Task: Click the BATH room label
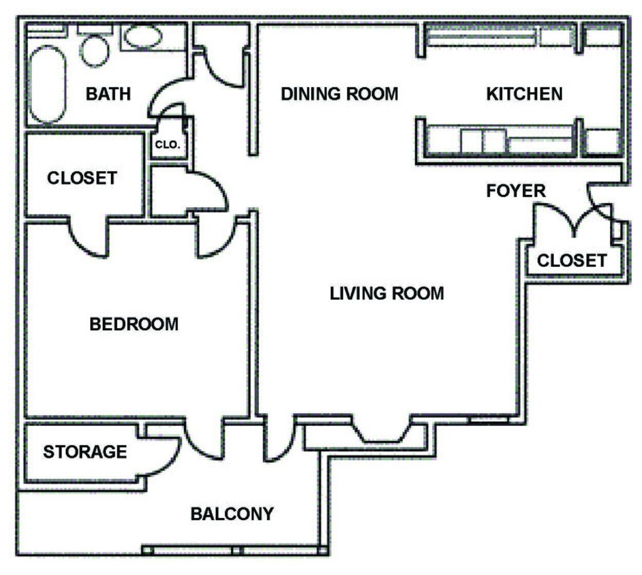click(x=108, y=94)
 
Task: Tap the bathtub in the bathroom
click(x=48, y=83)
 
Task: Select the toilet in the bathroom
click(x=93, y=49)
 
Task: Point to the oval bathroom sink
click(x=144, y=38)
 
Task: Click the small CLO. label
click(x=167, y=145)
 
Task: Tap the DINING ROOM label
click(x=339, y=94)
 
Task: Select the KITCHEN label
click(x=524, y=94)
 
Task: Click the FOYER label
click(x=516, y=190)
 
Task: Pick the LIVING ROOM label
click(x=387, y=293)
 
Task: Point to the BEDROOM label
click(x=134, y=324)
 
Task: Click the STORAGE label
click(x=85, y=451)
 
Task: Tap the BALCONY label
click(x=232, y=514)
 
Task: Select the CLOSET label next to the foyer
click(x=572, y=260)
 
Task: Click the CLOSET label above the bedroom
click(x=82, y=178)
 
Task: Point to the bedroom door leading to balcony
click(x=204, y=442)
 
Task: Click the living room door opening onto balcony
click(x=278, y=442)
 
